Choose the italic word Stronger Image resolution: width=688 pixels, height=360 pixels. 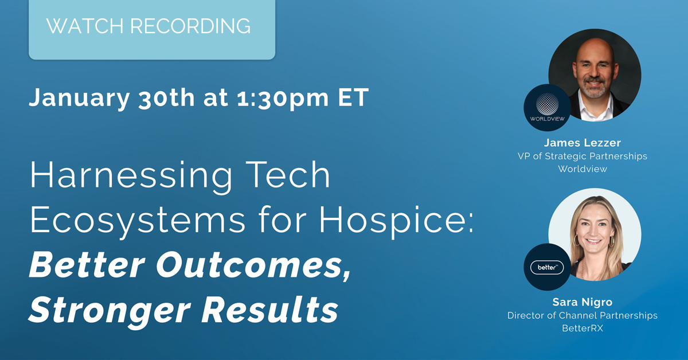[x=108, y=310]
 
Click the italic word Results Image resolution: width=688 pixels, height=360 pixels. [x=272, y=310]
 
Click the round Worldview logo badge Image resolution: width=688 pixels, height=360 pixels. [x=547, y=107]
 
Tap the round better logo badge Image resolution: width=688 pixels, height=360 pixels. [x=547, y=267]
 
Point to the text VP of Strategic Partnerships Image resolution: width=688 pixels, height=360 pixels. [x=582, y=156]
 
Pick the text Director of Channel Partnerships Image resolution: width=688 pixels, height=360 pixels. [x=582, y=316]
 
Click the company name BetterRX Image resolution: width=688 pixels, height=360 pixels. [x=582, y=328]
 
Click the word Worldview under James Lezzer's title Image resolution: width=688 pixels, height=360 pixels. [x=582, y=169]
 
